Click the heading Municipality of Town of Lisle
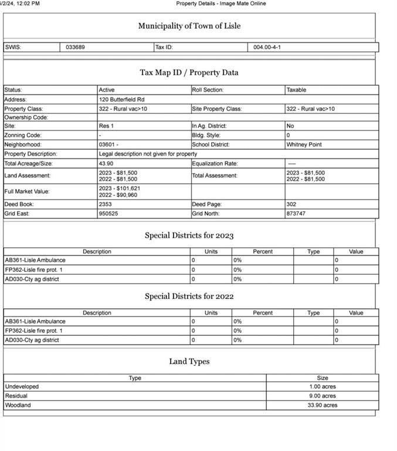[x=189, y=26]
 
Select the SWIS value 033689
[x=76, y=47]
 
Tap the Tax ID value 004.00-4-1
[x=267, y=47]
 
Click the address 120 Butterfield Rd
[x=121, y=99]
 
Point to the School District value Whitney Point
[x=304, y=144]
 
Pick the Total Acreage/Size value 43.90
[x=106, y=163]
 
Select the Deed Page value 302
[x=291, y=204]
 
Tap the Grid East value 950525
[x=108, y=214]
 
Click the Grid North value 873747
[x=296, y=214]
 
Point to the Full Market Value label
[x=27, y=191]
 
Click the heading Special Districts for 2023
[x=189, y=235]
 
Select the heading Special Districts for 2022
[x=189, y=297]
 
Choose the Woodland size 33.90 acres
[x=323, y=405]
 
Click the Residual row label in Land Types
[x=16, y=396]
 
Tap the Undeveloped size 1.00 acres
[x=323, y=386]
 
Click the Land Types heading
[x=189, y=362]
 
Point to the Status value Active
[x=107, y=90]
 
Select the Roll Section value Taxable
[x=296, y=90]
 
